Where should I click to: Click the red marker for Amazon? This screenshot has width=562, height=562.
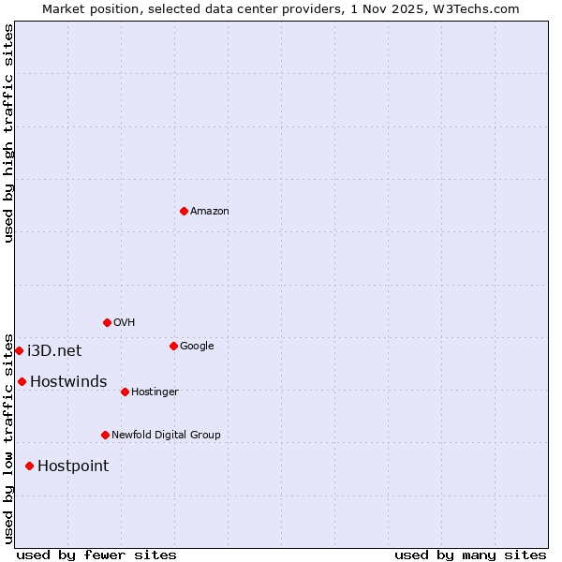tap(184, 211)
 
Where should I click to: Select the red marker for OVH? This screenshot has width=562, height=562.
tap(107, 322)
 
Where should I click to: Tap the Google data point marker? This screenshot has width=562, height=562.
tap(173, 346)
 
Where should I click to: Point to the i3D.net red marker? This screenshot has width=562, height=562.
tap(19, 350)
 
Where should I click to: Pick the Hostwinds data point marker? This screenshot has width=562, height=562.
tap(22, 381)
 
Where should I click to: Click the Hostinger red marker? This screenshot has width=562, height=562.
tap(125, 392)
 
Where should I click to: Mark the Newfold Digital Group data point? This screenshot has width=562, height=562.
tap(105, 435)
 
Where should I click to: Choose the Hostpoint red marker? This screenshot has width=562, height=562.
tap(29, 466)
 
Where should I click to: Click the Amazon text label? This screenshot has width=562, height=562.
tap(210, 211)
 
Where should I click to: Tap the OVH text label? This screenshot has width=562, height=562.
tap(125, 322)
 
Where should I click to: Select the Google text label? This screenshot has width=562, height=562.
tap(197, 346)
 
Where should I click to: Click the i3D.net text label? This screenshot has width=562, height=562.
tap(54, 350)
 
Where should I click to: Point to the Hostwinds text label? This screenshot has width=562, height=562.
tap(68, 381)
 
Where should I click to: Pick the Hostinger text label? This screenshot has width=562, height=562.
tap(155, 392)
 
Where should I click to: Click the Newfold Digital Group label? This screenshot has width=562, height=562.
tap(166, 435)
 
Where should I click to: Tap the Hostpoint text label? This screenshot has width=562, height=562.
tap(73, 466)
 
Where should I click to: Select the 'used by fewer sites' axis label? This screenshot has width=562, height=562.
tap(96, 555)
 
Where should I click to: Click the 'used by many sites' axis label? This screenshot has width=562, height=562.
tap(470, 555)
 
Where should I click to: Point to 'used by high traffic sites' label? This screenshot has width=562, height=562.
tap(8, 133)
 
